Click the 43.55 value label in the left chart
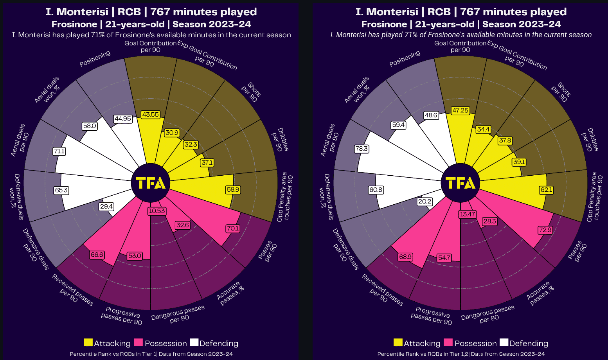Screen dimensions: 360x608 click(151, 115)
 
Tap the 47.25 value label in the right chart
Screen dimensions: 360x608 click(460, 111)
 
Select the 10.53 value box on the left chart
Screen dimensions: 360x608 click(157, 211)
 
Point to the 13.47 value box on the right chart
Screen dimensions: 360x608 click(468, 214)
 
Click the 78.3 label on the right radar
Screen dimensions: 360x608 click(362, 149)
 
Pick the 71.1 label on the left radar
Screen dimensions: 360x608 click(59, 151)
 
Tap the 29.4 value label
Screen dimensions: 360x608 click(106, 206)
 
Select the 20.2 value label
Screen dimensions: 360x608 click(425, 202)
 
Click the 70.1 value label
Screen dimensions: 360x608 click(233, 228)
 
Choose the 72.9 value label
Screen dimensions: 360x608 click(545, 230)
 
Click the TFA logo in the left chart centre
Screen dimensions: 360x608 click(151, 183)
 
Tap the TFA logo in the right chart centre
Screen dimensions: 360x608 click(460, 183)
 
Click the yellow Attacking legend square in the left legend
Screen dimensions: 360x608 click(88, 343)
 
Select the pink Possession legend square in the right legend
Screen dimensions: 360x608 click(448, 343)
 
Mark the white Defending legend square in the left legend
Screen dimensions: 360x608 click(194, 343)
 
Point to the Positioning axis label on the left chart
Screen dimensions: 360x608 click(95, 59)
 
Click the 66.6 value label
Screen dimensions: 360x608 click(97, 255)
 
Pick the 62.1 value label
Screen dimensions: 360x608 click(546, 190)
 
